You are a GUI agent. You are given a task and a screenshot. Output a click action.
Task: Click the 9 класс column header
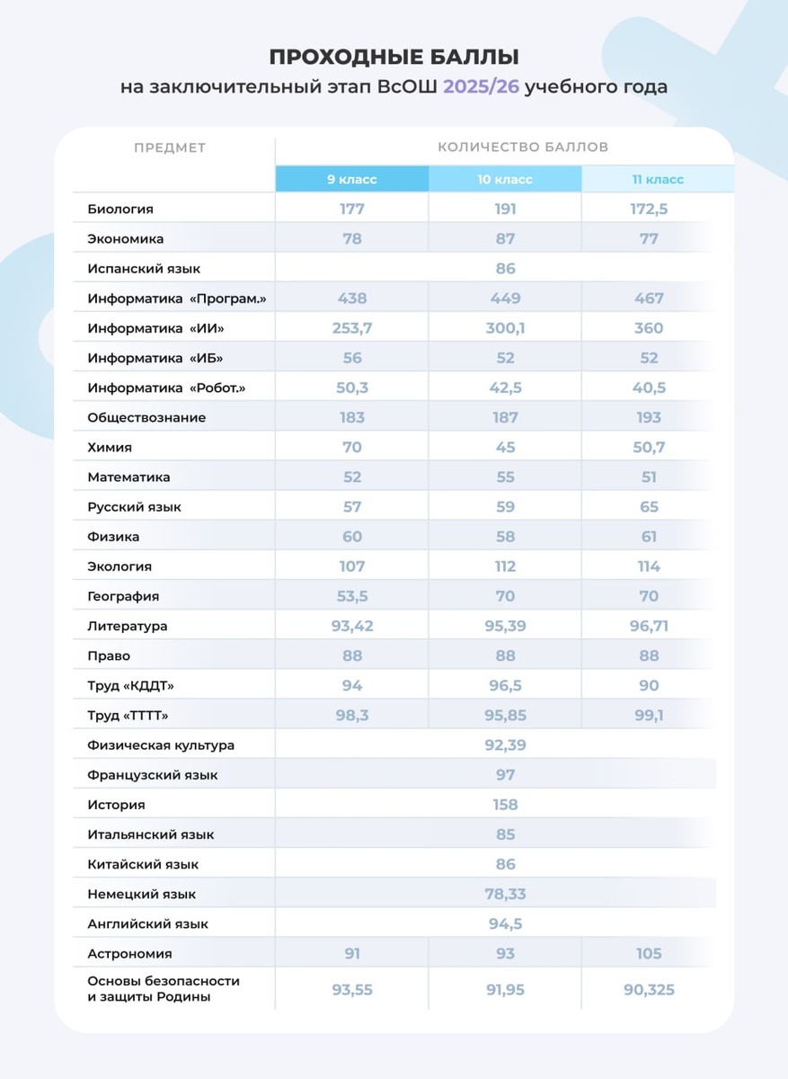pyautogui.click(x=351, y=179)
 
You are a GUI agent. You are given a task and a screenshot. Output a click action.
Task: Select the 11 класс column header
pyautogui.click(x=658, y=179)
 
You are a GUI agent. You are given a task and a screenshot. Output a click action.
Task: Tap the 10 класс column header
pyautogui.click(x=505, y=179)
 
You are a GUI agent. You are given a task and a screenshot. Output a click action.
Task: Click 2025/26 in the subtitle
pyautogui.click(x=481, y=87)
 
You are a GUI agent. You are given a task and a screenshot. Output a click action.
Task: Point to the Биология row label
pyautogui.click(x=120, y=209)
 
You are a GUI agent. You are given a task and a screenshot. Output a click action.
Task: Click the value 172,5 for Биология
pyautogui.click(x=649, y=209)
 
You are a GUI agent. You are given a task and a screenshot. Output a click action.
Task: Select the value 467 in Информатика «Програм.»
pyautogui.click(x=649, y=299)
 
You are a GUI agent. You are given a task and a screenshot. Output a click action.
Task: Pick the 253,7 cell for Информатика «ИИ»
pyautogui.click(x=351, y=328)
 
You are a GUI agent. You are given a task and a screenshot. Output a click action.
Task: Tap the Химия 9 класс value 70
pyautogui.click(x=351, y=447)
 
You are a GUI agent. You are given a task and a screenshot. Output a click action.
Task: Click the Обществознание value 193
pyautogui.click(x=649, y=417)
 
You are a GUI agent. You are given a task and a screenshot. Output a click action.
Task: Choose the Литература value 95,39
pyautogui.click(x=505, y=626)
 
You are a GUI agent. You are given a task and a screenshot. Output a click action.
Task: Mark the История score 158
pyautogui.click(x=505, y=805)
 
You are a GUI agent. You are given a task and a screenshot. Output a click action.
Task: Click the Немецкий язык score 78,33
pyautogui.click(x=505, y=894)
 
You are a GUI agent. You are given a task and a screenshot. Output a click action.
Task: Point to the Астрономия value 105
pyautogui.click(x=649, y=953)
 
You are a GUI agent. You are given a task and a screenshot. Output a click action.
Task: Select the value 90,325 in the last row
pyautogui.click(x=649, y=990)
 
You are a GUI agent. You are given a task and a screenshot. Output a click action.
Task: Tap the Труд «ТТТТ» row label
pyautogui.click(x=128, y=716)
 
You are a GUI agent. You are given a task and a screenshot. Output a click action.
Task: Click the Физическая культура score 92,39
pyautogui.click(x=505, y=745)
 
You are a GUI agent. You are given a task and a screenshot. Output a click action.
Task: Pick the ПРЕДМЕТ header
pyautogui.click(x=170, y=147)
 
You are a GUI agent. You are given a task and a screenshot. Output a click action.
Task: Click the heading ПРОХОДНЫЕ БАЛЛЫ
pyautogui.click(x=394, y=58)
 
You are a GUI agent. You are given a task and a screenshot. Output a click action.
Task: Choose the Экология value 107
pyautogui.click(x=351, y=566)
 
